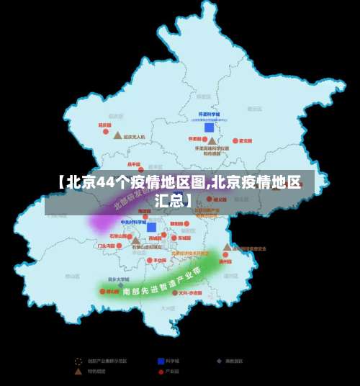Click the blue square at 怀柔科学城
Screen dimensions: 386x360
click(209, 127)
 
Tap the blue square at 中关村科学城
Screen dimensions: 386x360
click(151, 228)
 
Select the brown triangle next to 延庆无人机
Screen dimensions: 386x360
click(117, 135)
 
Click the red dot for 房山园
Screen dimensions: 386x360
click(102, 292)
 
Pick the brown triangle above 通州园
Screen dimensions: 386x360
click(228, 247)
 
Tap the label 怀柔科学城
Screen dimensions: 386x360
click(209, 115)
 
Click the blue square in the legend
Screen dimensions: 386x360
click(161, 360)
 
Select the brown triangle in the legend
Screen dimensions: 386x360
click(78, 372)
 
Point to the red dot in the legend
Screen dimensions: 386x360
click(161, 372)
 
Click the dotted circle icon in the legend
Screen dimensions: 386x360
click(78, 360)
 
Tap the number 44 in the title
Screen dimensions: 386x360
click(106, 181)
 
